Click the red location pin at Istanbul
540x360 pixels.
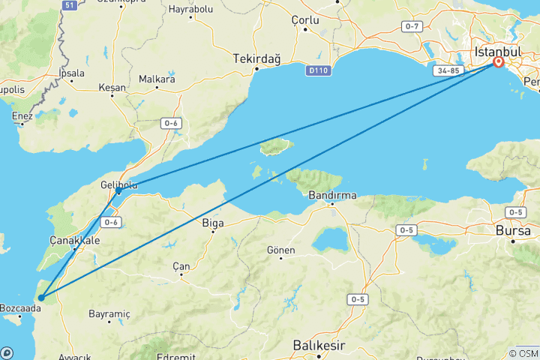(498, 62)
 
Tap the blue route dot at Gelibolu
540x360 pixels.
(118, 192)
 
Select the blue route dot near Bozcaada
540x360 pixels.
(41, 298)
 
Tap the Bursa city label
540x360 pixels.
(514, 231)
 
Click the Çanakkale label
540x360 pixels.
(74, 240)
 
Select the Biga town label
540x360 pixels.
(213, 222)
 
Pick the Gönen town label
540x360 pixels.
(281, 250)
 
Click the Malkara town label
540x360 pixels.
(157, 79)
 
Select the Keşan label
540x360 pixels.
(112, 87)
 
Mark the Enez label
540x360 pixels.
(22, 115)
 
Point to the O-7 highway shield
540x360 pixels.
(412, 26)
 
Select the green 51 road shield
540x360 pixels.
(70, 5)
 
